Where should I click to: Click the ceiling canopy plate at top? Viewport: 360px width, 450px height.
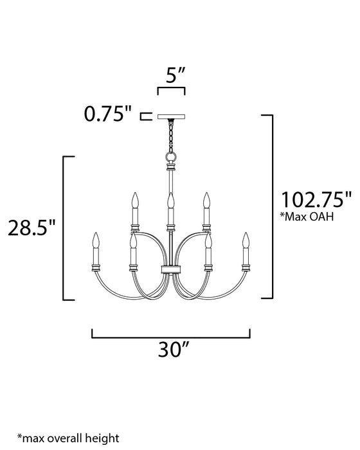171,117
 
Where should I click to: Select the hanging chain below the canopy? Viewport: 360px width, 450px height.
171,136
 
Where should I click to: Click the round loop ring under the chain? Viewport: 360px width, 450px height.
171,157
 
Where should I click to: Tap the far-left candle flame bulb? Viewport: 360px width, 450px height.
97,242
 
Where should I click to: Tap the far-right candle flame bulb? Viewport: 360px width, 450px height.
245,242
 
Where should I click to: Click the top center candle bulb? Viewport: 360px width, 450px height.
170,201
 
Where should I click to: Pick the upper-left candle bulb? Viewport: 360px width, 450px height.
135,201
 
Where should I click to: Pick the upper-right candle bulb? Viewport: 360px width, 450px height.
206,201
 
